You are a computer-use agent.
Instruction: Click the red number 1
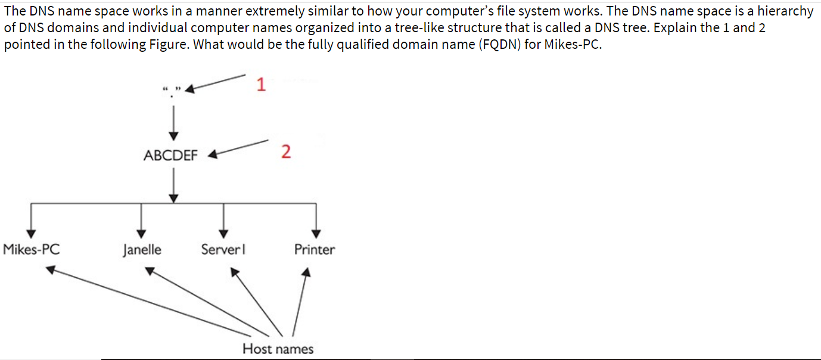tap(260, 85)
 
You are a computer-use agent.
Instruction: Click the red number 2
tap(286, 153)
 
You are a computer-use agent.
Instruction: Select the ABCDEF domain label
tap(170, 156)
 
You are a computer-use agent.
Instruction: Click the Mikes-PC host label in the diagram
tap(32, 249)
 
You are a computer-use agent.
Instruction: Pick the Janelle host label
tap(142, 250)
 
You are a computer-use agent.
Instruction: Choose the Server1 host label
tap(223, 249)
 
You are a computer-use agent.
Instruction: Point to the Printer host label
tap(315, 249)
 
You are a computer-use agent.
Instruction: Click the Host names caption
tap(278, 349)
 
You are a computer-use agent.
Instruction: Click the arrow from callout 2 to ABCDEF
tap(238, 148)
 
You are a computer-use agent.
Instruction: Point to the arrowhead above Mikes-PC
tap(32, 233)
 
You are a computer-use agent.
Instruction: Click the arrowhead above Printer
tap(316, 233)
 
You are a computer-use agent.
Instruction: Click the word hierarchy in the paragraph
tap(785, 11)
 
